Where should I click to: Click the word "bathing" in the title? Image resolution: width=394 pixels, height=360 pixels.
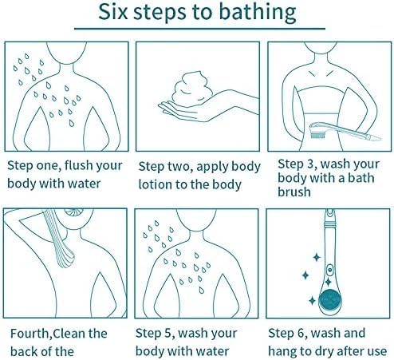258,12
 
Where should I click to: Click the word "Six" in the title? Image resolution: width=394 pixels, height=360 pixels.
113,12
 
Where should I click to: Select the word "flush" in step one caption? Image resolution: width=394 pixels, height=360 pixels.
78,165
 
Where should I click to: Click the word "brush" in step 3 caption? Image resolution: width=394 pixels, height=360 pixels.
294,192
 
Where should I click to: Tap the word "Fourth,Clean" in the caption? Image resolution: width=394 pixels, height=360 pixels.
58,334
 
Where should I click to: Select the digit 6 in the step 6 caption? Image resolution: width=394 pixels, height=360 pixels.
301,333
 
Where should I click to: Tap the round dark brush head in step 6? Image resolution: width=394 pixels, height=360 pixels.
329,300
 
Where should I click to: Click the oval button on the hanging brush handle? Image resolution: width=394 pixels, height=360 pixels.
330,271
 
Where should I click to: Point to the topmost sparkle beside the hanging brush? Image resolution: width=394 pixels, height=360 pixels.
317,258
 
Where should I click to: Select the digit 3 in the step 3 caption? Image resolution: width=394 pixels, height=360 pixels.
310,164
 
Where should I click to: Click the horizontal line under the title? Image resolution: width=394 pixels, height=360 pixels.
199,28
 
